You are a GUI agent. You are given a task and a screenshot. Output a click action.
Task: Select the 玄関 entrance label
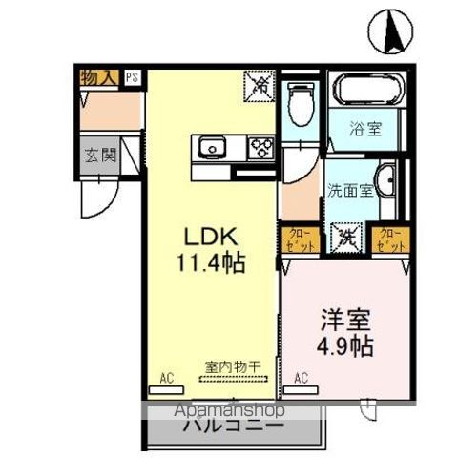pos(98,154)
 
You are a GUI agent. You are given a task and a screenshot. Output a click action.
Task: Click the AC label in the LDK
pos(168,377)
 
